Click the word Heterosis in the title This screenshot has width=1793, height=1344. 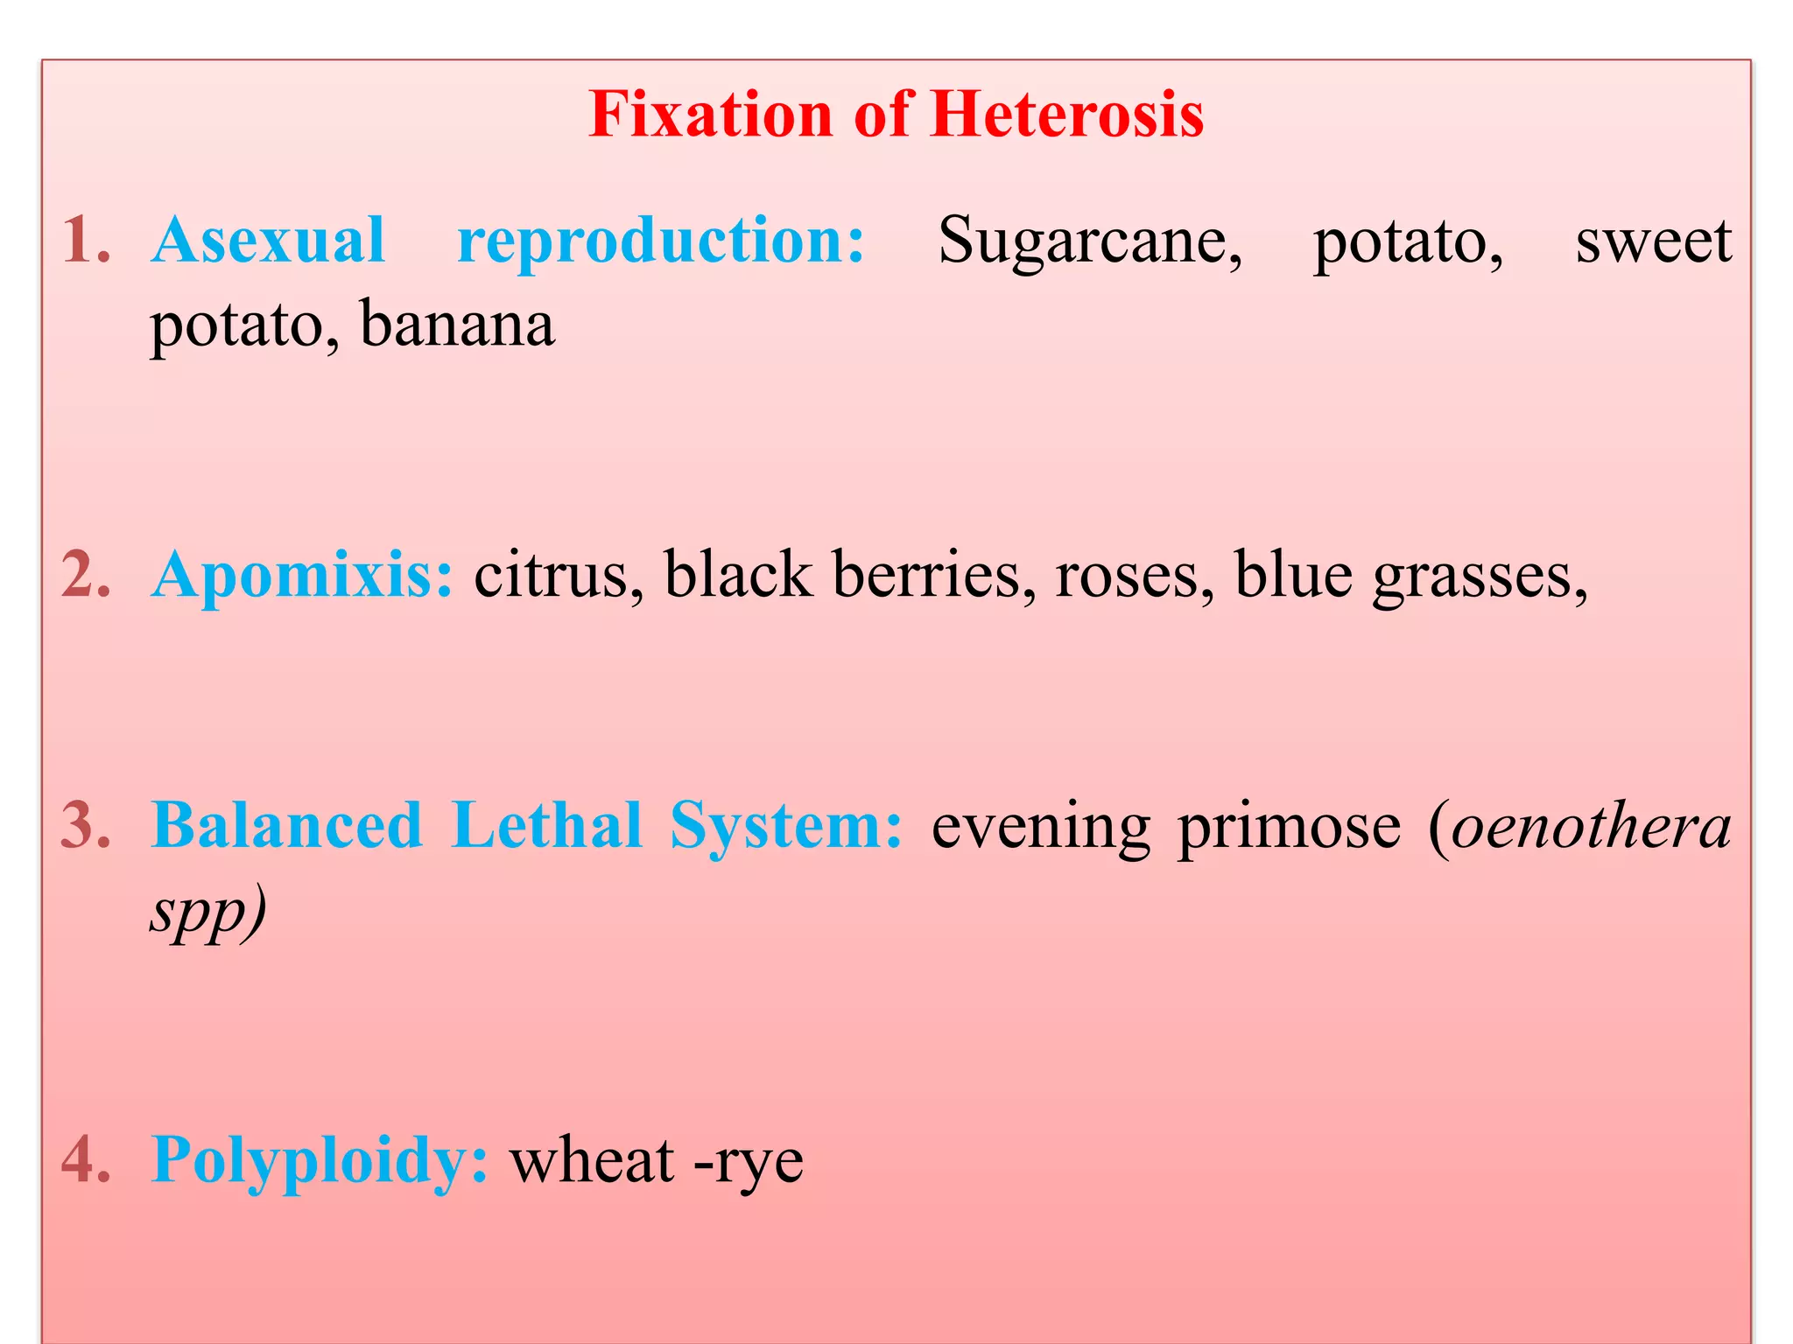[x=1066, y=115]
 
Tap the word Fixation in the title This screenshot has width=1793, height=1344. [x=710, y=115]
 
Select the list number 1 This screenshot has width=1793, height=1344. [x=86, y=240]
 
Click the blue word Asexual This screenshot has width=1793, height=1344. [x=268, y=240]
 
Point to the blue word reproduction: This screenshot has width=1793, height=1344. [x=661, y=241]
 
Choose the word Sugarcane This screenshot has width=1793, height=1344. [x=1089, y=241]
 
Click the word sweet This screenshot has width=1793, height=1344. [x=1653, y=241]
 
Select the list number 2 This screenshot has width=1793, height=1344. [x=86, y=575]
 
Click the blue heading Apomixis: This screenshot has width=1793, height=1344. [x=302, y=575]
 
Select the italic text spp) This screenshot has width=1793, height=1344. [x=207, y=912]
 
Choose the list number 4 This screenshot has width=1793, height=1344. [x=86, y=1160]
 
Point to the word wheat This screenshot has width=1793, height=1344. [x=592, y=1160]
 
